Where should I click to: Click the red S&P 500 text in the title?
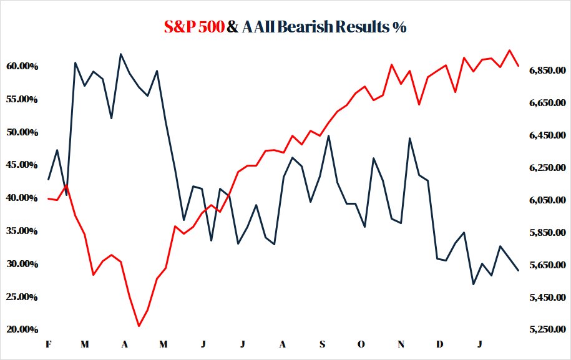click(193, 27)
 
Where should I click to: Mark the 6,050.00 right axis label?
click(547, 200)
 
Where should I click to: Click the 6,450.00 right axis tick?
click(547, 135)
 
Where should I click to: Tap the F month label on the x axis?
click(48, 344)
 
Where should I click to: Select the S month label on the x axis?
click(322, 344)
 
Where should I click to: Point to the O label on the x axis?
click(361, 344)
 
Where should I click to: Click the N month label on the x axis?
click(401, 344)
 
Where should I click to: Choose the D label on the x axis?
click(440, 344)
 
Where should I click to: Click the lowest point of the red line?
click(139, 326)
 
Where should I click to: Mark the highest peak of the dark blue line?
click(120, 54)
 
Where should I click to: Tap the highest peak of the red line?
click(509, 50)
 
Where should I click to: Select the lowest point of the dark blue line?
click(473, 284)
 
